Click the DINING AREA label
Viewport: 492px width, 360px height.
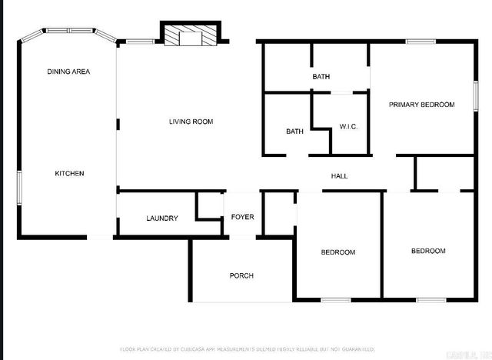(x=69, y=72)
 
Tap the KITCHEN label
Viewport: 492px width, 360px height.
(x=69, y=173)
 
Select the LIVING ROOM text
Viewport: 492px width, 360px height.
(x=191, y=122)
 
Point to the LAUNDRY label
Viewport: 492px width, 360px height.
(x=162, y=218)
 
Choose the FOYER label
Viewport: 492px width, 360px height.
(x=242, y=217)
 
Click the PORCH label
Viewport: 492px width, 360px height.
(x=241, y=275)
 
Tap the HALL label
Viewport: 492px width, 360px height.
(x=339, y=176)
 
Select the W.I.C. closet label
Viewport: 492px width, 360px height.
(x=349, y=127)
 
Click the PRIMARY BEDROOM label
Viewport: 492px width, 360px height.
(x=421, y=105)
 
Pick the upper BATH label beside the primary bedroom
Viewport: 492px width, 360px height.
(x=321, y=77)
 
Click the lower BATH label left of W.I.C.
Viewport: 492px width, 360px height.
(x=294, y=132)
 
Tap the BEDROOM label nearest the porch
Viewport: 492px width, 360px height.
(x=337, y=252)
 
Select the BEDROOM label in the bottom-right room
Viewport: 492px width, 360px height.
(x=427, y=251)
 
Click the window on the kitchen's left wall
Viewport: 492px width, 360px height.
(x=19, y=186)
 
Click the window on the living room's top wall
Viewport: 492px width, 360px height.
(x=139, y=42)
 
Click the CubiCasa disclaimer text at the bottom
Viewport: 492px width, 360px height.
(x=246, y=349)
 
